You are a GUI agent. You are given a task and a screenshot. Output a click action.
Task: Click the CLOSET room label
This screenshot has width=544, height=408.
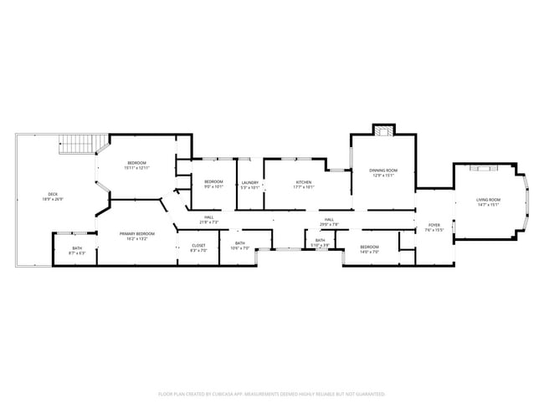click(198, 247)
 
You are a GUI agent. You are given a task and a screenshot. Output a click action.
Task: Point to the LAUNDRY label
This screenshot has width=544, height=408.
click(249, 184)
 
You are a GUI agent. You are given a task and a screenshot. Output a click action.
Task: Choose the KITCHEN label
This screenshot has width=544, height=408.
click(304, 184)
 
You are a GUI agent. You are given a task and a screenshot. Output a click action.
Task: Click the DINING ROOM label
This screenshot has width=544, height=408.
click(383, 171)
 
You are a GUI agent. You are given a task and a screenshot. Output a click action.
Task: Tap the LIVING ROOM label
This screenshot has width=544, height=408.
click(488, 201)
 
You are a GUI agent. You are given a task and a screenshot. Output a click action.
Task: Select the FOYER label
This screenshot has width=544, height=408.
click(434, 227)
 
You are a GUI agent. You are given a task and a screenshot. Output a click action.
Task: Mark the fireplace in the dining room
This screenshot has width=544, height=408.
click(383, 130)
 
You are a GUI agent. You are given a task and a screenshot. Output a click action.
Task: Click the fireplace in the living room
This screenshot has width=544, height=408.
click(483, 168)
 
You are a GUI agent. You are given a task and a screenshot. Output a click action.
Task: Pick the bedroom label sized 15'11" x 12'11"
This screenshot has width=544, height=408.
click(136, 164)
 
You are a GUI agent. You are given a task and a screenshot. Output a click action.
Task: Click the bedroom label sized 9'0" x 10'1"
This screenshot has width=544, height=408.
click(213, 184)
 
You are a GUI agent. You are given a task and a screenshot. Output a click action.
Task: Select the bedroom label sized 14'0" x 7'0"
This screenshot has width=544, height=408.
click(369, 248)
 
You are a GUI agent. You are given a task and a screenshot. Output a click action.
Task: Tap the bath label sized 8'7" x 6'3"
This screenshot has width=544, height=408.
click(77, 249)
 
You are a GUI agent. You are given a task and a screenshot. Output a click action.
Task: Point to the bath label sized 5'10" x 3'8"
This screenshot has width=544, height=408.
click(320, 242)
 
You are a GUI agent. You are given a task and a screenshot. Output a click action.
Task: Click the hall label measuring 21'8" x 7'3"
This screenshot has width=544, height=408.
click(208, 220)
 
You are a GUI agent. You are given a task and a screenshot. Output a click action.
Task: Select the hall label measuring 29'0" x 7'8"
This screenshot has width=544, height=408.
click(329, 222)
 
